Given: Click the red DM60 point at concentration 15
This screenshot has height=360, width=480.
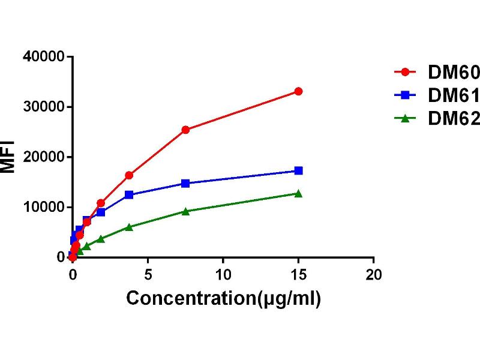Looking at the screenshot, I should tap(298, 91).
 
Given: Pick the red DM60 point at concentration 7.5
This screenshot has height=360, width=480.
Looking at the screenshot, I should tap(185, 130).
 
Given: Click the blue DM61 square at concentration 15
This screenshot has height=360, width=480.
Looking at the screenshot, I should tap(298, 171).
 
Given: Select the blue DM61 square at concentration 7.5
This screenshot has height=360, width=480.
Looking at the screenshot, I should tap(185, 183).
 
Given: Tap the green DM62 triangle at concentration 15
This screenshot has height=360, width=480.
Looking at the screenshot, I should tap(298, 193).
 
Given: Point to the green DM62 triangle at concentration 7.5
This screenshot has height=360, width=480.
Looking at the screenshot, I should tap(185, 211).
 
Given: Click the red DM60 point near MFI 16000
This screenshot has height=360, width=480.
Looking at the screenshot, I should tap(129, 175).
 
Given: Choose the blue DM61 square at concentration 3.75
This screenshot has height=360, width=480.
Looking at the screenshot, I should tap(129, 195).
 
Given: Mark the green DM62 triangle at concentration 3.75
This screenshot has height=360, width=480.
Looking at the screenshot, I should tap(129, 227).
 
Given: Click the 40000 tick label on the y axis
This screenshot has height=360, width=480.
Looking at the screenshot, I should tap(43, 57).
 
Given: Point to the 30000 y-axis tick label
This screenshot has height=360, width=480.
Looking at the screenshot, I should tap(43, 107).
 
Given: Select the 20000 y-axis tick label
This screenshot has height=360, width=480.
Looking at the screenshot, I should tap(43, 157).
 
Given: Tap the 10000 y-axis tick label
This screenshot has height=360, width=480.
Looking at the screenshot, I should tap(43, 208).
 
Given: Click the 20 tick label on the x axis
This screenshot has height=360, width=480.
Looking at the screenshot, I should tap(373, 275).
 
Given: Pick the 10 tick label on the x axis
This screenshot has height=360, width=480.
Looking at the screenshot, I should tap(223, 275).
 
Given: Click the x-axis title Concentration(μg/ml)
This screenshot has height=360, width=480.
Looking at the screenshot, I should tap(223, 298).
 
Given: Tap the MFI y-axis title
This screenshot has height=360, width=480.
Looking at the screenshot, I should tap(8, 157).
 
